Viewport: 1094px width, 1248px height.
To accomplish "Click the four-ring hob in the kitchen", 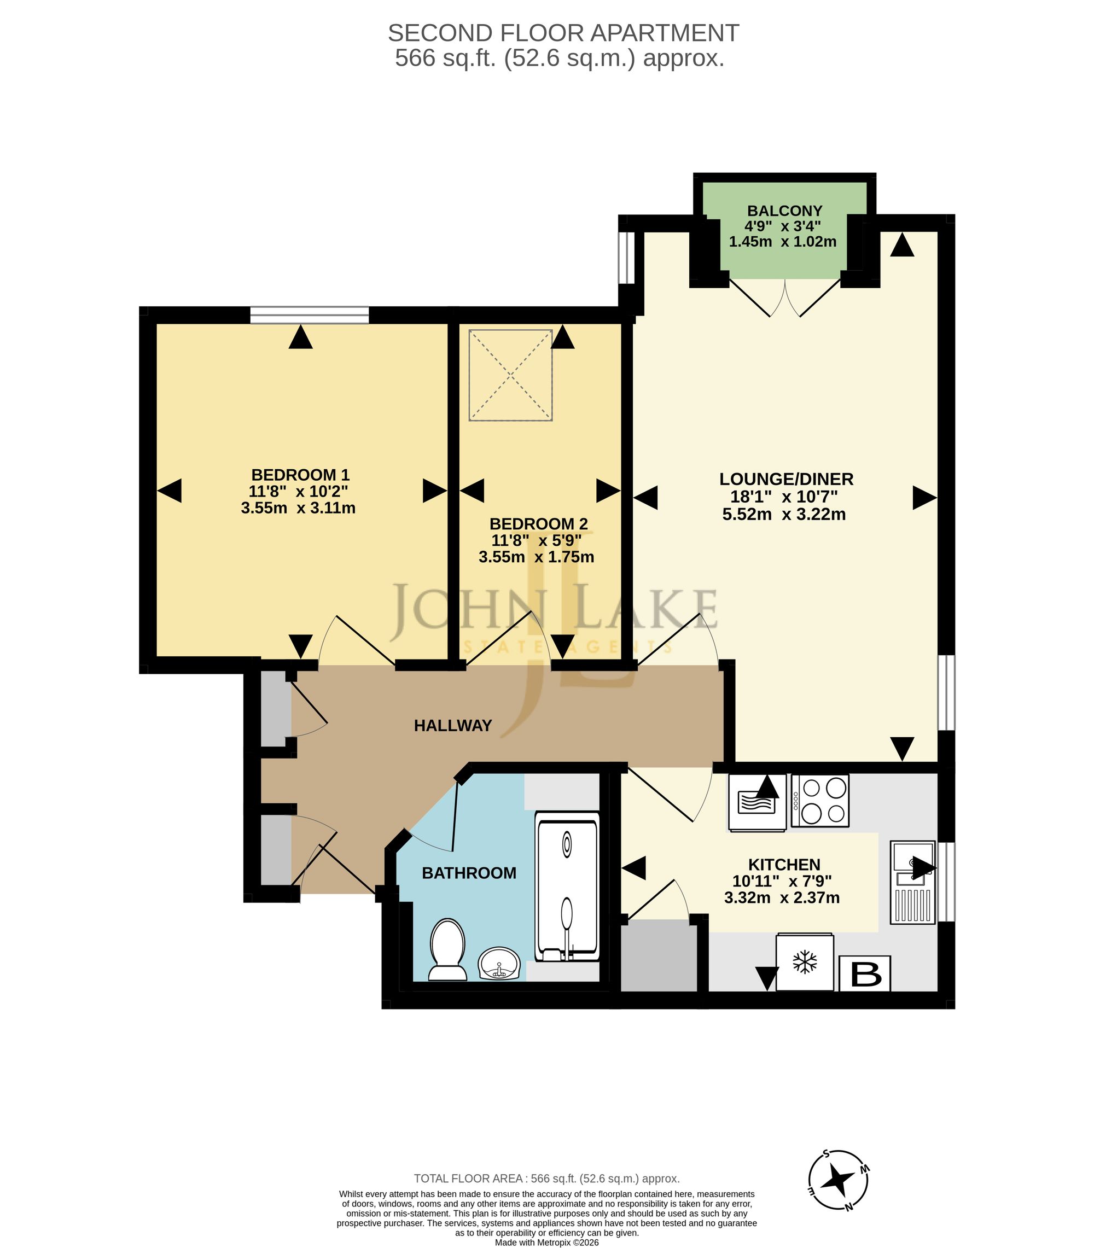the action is tap(820, 801).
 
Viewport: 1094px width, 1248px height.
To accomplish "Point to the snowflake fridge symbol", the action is tap(805, 963).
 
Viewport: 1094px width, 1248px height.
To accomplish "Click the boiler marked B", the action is tap(865, 973).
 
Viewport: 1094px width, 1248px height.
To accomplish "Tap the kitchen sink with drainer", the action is tap(913, 883).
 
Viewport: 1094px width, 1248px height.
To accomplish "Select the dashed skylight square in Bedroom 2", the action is tap(510, 375).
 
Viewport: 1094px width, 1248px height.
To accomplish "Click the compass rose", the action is tap(838, 1181).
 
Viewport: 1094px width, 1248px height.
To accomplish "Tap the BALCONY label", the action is tap(784, 211).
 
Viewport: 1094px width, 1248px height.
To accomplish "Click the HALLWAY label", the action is tap(453, 726).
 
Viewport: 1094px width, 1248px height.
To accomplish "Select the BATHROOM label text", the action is tap(469, 873).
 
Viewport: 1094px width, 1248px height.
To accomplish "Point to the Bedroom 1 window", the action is tap(310, 315).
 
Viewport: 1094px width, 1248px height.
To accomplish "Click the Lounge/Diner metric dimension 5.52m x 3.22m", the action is tap(784, 515).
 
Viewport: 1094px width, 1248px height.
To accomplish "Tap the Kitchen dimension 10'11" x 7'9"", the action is tap(782, 881).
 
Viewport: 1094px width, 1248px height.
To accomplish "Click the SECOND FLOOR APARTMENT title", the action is tap(563, 33).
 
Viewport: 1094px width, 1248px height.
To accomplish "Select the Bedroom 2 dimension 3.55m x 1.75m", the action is tap(536, 557).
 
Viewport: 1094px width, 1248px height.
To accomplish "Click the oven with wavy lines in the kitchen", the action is tap(757, 802).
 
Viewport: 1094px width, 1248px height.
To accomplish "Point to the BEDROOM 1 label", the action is tap(300, 475).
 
